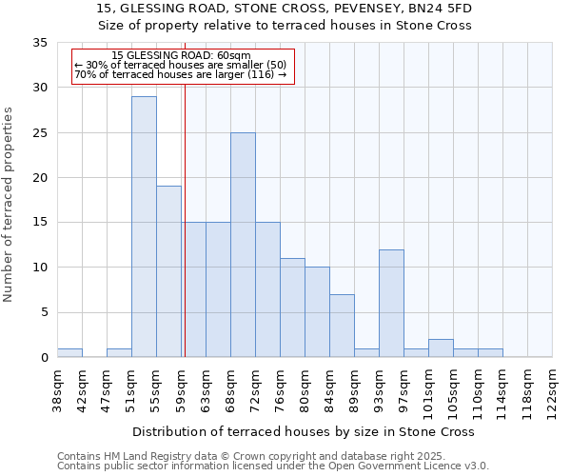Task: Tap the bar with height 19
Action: coord(168,271)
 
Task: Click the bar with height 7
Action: coord(342,326)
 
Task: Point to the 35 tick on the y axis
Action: coord(40,43)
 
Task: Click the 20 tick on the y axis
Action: coord(40,178)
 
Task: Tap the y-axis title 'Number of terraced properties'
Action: coord(10,205)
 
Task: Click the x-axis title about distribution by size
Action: coord(303,431)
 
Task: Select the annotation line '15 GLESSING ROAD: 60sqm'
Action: coord(181,56)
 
